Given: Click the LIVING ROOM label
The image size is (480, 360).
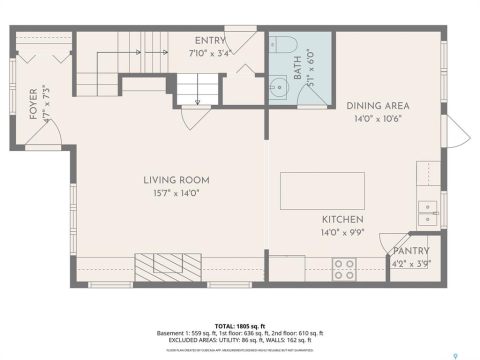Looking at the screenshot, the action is (176, 180).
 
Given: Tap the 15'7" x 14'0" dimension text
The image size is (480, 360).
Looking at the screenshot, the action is (176, 193).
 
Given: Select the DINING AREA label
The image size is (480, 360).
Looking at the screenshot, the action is (378, 106).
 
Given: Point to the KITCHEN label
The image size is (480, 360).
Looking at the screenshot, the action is (342, 219).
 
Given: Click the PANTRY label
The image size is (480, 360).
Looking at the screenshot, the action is (411, 251).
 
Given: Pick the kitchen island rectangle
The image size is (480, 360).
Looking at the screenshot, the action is (322, 191).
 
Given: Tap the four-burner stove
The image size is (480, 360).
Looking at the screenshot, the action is (344, 269).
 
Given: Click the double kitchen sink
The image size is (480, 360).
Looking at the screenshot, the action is (427, 213).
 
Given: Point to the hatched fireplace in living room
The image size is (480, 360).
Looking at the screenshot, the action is (168, 267).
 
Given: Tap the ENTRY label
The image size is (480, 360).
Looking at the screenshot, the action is (210, 40).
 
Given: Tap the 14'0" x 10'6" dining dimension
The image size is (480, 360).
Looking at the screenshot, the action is (378, 119).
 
